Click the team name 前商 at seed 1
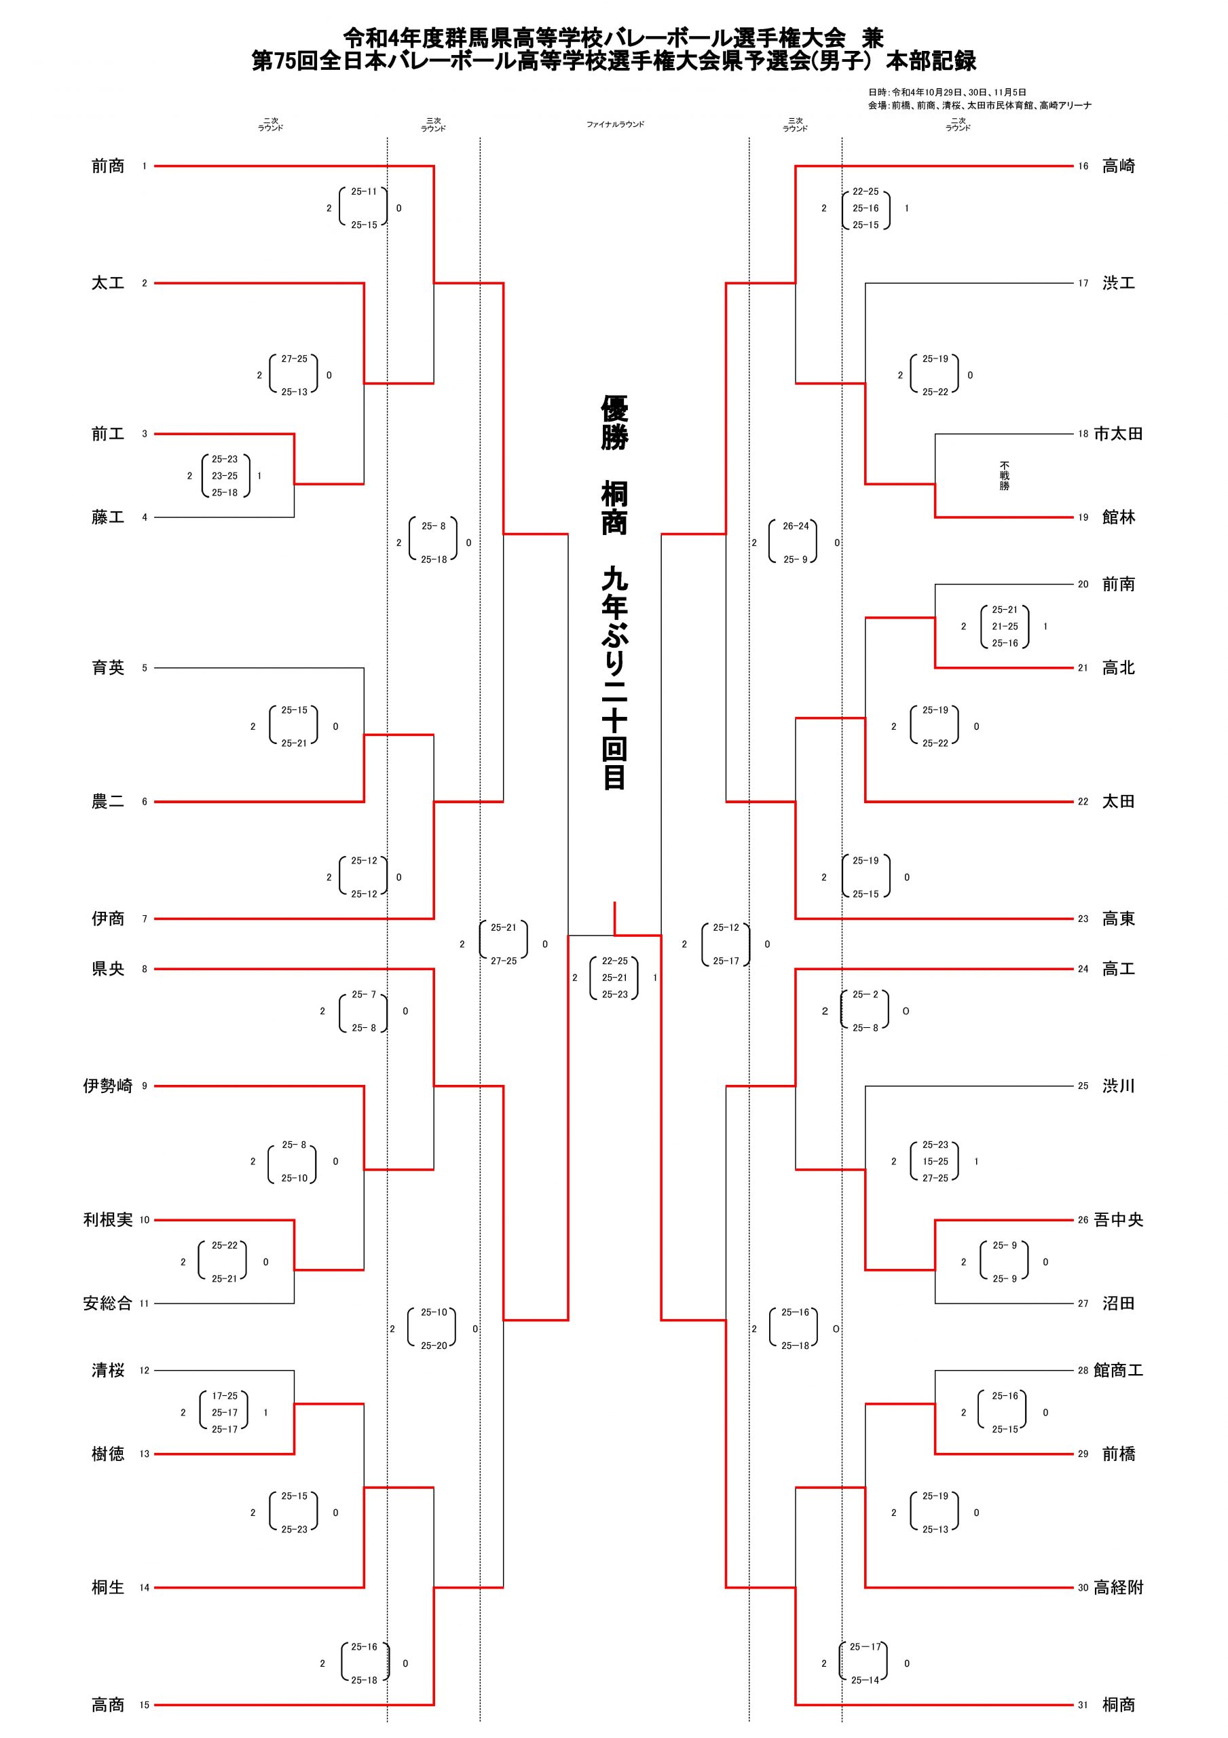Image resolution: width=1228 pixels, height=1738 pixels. pyautogui.click(x=107, y=166)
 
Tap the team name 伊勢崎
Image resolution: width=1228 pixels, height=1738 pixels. pyautogui.click(x=107, y=1086)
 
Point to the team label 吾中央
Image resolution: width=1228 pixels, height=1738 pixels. pyautogui.click(x=1118, y=1219)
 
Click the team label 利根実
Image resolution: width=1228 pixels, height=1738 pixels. pyautogui.click(x=107, y=1219)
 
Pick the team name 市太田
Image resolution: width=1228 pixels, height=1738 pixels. pyautogui.click(x=1118, y=434)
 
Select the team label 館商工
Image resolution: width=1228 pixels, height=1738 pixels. pyautogui.click(x=1118, y=1370)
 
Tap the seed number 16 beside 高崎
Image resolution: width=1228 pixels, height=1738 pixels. pyautogui.click(x=1083, y=166)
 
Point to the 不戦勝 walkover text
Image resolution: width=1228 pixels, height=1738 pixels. pyautogui.click(x=1004, y=475)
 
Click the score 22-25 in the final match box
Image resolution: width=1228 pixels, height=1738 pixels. pyautogui.click(x=615, y=961)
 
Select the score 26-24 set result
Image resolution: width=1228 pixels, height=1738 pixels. pyautogui.click(x=796, y=526)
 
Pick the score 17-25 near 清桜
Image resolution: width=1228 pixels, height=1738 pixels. pyautogui.click(x=225, y=1396)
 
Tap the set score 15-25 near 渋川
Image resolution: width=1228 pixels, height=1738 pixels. pyautogui.click(x=935, y=1161)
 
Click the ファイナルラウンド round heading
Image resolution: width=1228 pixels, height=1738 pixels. pyautogui.click(x=615, y=124)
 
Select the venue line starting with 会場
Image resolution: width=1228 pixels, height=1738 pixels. pyautogui.click(x=980, y=105)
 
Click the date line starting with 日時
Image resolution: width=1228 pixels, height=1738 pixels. pyautogui.click(x=947, y=92)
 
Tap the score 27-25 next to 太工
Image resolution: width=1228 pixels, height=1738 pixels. pyautogui.click(x=295, y=359)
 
